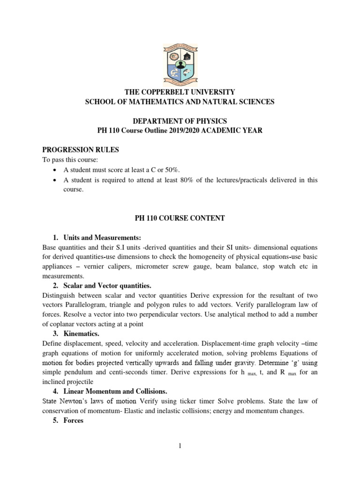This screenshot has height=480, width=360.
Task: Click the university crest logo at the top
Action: click(x=180, y=64)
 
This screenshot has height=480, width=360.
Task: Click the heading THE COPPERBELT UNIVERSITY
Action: click(x=180, y=92)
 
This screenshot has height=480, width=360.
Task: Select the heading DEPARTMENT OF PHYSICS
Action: click(x=180, y=121)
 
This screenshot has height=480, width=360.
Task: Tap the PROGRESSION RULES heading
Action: click(x=81, y=150)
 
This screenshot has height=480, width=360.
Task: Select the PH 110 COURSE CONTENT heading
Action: click(x=180, y=218)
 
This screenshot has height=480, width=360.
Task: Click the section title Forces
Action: click(x=74, y=420)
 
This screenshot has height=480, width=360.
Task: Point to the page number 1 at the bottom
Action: click(x=180, y=446)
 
